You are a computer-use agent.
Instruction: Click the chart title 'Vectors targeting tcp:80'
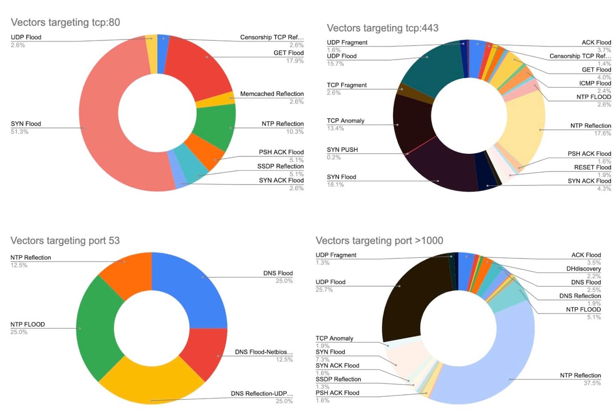(65, 22)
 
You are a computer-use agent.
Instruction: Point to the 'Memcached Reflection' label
(272, 94)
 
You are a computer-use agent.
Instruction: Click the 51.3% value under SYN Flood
(20, 132)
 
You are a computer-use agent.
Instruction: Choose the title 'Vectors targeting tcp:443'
(382, 28)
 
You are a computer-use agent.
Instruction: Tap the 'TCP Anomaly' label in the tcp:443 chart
(346, 121)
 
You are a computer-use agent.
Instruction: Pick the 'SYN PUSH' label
(342, 150)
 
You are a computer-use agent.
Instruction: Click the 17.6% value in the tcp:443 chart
(602, 133)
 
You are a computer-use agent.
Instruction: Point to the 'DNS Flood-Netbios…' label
(264, 352)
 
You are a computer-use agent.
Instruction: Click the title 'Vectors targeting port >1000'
(379, 241)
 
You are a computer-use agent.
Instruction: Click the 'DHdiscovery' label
(583, 268)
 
